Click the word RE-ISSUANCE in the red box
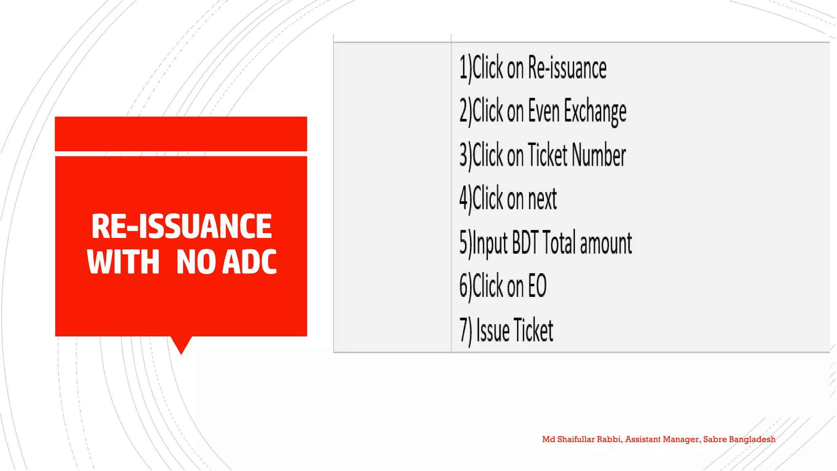(x=181, y=226)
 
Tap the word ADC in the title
(x=250, y=262)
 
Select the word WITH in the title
(x=123, y=262)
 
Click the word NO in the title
(x=196, y=262)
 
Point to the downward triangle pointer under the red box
(x=181, y=344)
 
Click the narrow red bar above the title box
(x=181, y=134)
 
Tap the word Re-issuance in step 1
(x=567, y=68)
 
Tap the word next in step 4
(x=542, y=199)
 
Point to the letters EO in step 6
(x=537, y=286)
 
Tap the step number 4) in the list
(x=465, y=199)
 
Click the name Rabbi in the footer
(x=609, y=440)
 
